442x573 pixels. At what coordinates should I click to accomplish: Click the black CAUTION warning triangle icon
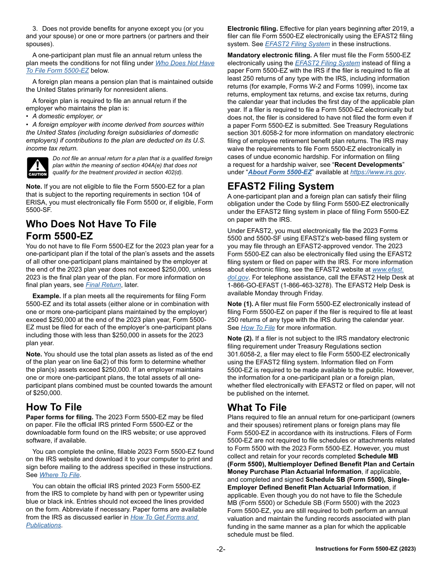coord(37,167)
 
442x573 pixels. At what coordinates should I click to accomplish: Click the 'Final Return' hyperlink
coord(103,285)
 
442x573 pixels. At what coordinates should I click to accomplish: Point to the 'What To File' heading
coord(257,407)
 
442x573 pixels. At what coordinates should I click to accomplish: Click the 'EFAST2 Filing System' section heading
coord(281,186)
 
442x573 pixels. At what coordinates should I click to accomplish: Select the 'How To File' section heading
coord(54,407)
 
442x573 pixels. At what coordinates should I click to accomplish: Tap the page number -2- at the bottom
coord(221,549)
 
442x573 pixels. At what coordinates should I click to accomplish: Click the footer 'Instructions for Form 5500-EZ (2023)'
coord(365,549)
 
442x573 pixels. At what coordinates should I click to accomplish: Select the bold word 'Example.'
coord(47,296)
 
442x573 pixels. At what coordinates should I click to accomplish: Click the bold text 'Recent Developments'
coord(368,164)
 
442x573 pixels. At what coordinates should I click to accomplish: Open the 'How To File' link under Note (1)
coord(258,327)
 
